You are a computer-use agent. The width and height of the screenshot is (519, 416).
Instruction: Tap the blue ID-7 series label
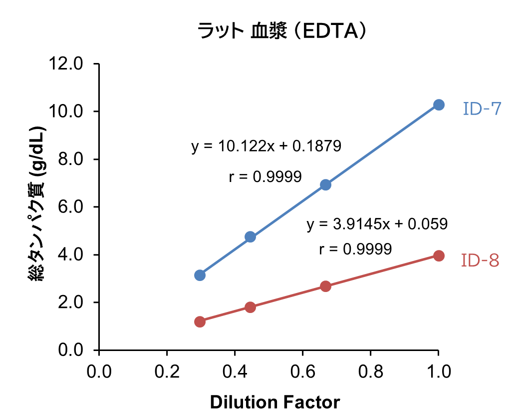(481, 108)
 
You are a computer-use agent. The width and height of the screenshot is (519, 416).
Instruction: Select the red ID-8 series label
(480, 260)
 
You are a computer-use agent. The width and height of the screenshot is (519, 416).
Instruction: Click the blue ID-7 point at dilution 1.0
(439, 104)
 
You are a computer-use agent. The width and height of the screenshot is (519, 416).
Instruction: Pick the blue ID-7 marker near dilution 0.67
(325, 184)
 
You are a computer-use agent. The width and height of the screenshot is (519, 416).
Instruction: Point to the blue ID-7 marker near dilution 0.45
(251, 237)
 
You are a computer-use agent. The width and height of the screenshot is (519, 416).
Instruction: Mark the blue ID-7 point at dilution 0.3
(200, 275)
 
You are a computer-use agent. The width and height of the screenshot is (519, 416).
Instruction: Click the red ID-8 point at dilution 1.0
(439, 255)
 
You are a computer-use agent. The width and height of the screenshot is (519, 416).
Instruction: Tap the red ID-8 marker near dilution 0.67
(325, 286)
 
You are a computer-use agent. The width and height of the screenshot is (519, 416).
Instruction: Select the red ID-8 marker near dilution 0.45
(251, 307)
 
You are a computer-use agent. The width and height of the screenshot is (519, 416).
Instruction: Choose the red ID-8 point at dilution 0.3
(200, 321)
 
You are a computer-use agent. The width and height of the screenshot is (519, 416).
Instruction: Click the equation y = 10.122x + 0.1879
(266, 146)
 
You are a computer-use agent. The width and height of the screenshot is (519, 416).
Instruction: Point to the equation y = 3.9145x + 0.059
(377, 223)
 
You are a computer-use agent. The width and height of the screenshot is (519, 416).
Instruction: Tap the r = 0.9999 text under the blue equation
(265, 176)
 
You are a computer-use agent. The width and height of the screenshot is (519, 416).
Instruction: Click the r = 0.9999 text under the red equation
(355, 249)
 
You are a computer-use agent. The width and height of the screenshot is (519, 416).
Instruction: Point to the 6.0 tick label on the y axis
(72, 207)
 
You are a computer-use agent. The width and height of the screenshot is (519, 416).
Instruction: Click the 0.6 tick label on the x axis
(302, 371)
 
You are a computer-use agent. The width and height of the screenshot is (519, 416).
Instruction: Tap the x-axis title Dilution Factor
(275, 402)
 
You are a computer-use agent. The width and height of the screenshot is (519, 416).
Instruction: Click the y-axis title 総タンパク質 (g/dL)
(39, 206)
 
